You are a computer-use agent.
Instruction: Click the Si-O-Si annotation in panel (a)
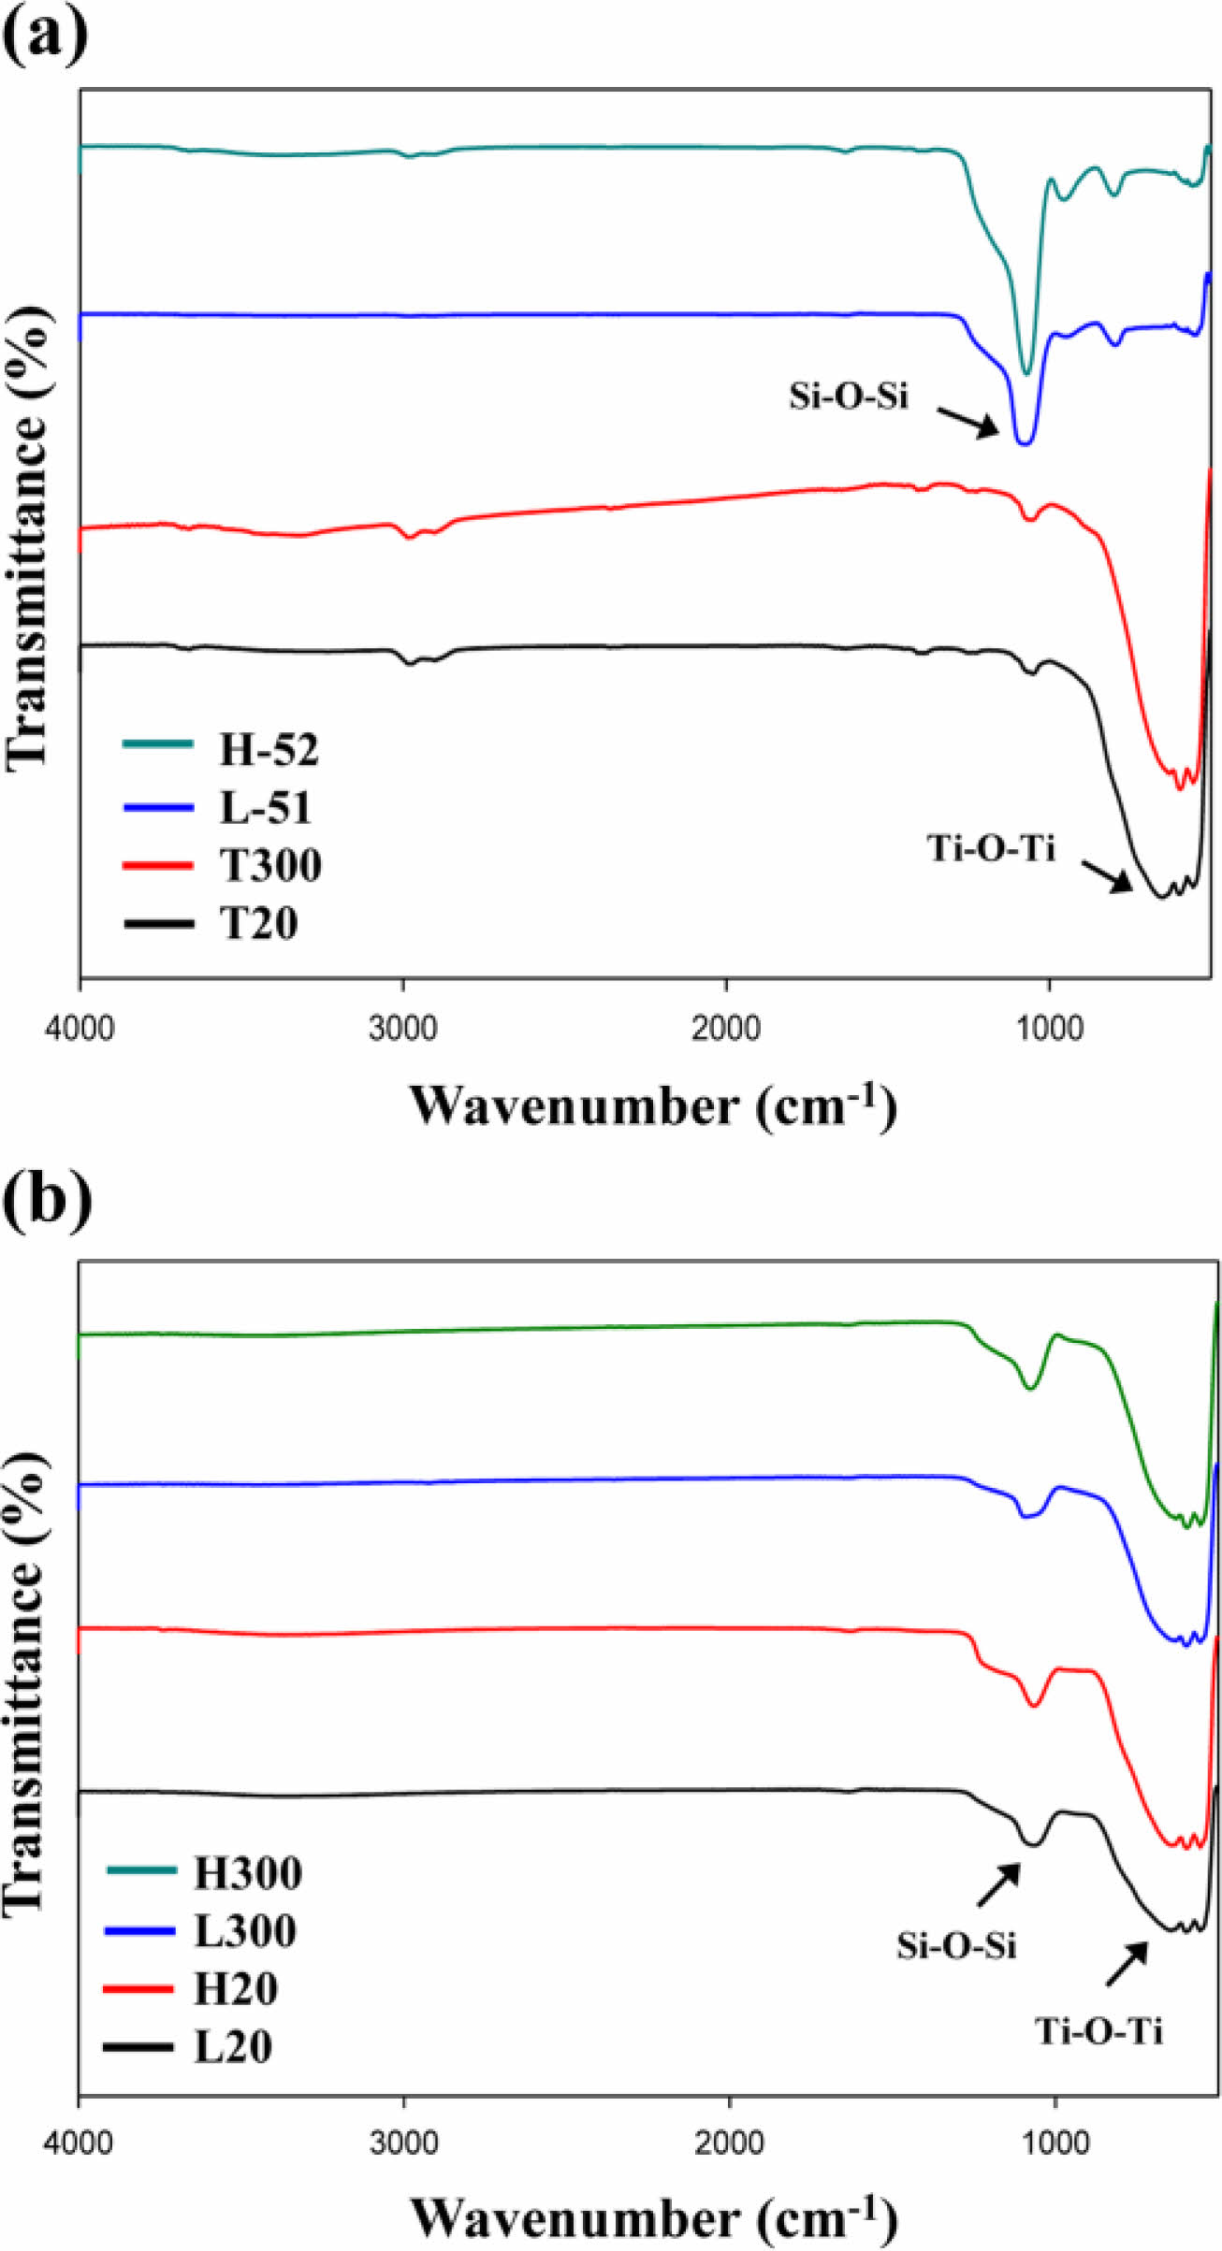tap(848, 397)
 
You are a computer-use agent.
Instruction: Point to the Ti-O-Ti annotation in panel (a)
tap(991, 848)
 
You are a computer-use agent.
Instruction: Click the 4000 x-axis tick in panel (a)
tap(80, 1028)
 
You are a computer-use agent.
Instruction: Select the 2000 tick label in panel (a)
tap(726, 1028)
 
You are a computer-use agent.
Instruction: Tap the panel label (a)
tap(45, 36)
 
